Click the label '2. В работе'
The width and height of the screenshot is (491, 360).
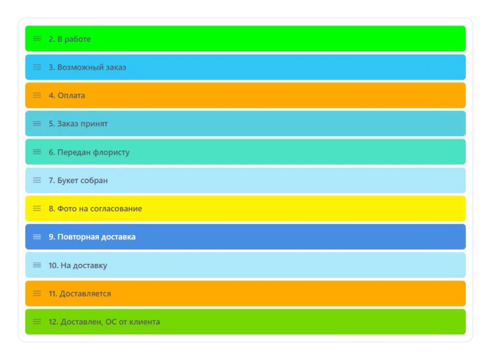(69, 39)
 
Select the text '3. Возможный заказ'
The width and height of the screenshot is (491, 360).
(87, 68)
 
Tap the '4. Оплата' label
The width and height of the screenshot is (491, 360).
(66, 95)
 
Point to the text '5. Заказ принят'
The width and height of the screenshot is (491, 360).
(78, 124)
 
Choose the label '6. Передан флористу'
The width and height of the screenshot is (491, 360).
(89, 152)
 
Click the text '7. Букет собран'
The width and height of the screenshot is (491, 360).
(78, 180)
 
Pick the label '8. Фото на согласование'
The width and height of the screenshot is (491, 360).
(95, 209)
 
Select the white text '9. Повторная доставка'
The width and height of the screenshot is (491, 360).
(92, 237)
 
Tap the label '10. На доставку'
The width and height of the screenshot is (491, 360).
(78, 265)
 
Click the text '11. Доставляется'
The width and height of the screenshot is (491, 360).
(79, 294)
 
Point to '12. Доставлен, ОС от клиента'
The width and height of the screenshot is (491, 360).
(104, 322)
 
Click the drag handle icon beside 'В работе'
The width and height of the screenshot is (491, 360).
(37, 39)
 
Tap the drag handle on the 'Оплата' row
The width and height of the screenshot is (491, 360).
(37, 95)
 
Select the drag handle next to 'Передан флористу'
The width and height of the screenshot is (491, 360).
(37, 152)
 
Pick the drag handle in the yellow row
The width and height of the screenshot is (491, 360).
(37, 208)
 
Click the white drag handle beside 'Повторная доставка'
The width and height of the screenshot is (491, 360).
(37, 237)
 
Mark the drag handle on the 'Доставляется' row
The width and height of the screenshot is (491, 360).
(37, 293)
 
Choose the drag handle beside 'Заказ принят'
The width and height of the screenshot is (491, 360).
(37, 123)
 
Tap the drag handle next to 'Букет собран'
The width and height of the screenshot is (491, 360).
(37, 180)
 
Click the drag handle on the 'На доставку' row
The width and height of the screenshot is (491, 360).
(37, 265)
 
